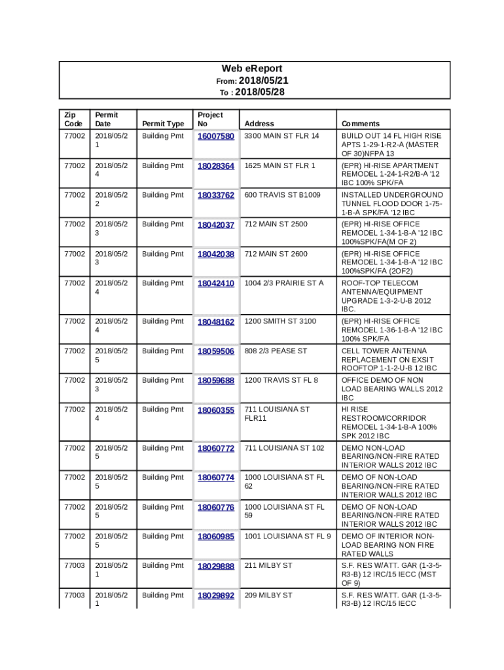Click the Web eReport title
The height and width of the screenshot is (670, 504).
point(252,69)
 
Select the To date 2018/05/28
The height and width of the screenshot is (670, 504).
point(259,92)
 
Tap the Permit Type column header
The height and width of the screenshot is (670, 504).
point(163,124)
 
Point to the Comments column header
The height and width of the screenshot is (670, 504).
point(360,124)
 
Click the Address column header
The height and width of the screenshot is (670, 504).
point(259,124)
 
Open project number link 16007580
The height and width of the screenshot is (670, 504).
point(216,136)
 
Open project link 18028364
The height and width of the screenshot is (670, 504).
point(216,166)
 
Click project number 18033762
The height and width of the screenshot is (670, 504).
point(216,195)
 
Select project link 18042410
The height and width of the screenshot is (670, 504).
point(216,283)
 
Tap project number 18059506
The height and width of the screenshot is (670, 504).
point(216,351)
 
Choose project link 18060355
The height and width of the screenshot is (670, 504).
point(216,410)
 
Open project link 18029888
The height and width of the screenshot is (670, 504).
point(216,566)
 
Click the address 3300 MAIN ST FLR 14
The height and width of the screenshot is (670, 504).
point(281,136)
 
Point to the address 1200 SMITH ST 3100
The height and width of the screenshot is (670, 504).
point(280,321)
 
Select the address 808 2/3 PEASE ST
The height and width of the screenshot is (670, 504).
point(276,351)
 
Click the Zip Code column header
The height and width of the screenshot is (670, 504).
point(73,119)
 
